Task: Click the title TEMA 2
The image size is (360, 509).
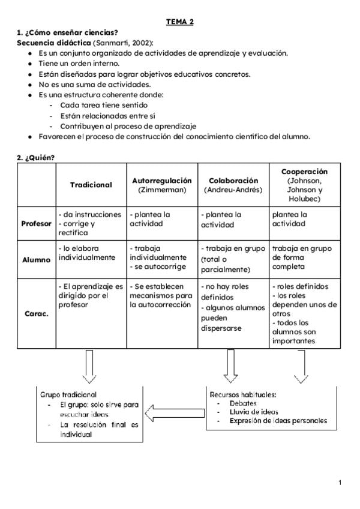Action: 180,22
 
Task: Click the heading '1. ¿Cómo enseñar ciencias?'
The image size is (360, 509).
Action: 67,32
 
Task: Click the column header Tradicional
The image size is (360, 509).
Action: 91,185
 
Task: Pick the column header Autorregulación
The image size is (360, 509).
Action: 162,180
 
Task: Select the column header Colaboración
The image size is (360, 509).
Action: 233,180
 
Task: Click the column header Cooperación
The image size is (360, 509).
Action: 305,172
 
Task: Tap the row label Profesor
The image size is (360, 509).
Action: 36,223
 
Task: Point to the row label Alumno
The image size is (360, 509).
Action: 36,260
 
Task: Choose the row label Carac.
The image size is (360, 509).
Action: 36,313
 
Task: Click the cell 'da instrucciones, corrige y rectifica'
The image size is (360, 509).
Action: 91,223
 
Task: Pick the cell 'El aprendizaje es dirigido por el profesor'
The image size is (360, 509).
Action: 91,295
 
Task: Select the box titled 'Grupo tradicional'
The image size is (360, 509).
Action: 89,414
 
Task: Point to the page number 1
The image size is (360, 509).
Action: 340,483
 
